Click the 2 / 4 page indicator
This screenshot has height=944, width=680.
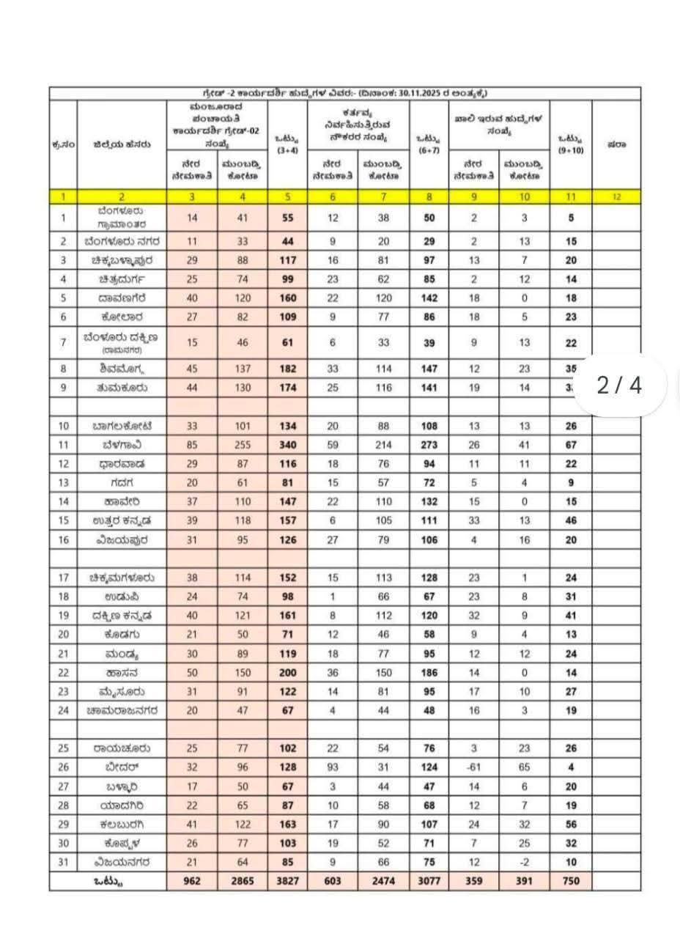(x=619, y=386)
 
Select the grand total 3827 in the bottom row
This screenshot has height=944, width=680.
(x=288, y=880)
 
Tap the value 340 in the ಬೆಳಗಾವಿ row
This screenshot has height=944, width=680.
(x=288, y=445)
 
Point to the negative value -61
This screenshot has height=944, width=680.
(x=474, y=767)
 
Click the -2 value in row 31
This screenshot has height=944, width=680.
(x=524, y=861)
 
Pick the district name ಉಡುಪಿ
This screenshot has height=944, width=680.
(x=122, y=597)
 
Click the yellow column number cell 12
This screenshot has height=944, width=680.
(x=616, y=196)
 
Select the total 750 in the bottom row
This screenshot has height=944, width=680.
(x=571, y=880)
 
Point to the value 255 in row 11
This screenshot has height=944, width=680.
(x=243, y=445)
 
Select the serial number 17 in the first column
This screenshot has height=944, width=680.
(x=64, y=578)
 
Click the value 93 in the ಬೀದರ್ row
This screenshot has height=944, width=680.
(x=333, y=767)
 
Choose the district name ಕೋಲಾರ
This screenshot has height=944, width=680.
(x=122, y=317)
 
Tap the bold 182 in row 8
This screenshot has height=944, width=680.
(x=288, y=369)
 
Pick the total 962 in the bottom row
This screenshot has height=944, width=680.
(x=193, y=880)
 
